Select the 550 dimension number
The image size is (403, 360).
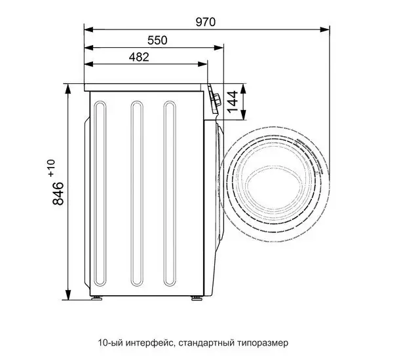click(157, 40)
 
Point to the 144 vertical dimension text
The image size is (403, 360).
click(232, 102)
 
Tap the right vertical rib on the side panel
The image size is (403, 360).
click(170, 192)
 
